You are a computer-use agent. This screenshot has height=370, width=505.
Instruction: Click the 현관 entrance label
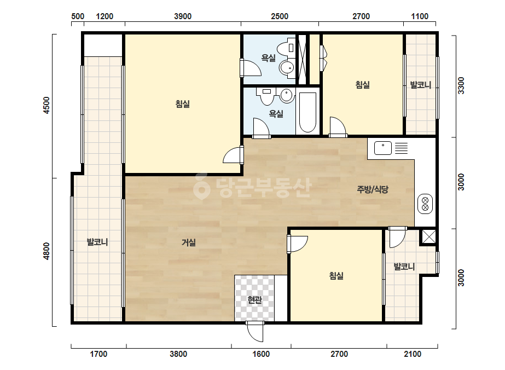tap(254, 300)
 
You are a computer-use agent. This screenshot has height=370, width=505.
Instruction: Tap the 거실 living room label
tap(189, 242)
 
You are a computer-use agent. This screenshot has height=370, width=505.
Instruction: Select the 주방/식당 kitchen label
tap(373, 189)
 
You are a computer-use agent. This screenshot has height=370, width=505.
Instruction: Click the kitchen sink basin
tap(383, 148)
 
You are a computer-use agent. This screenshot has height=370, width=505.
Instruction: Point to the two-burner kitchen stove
tap(425, 204)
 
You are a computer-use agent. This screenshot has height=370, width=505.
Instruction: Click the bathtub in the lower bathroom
tap(307, 113)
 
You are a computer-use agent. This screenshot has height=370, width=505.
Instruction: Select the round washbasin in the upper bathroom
tap(286, 68)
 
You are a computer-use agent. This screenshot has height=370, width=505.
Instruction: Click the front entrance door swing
tap(255, 332)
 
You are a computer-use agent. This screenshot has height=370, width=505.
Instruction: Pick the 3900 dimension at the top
tap(183, 16)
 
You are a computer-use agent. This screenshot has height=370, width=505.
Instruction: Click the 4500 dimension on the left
tap(47, 105)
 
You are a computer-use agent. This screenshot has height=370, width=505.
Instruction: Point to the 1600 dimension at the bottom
tap(261, 354)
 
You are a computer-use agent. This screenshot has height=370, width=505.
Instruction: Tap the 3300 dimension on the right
tap(461, 85)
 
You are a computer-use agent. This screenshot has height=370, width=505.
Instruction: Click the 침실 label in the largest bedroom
tap(183, 104)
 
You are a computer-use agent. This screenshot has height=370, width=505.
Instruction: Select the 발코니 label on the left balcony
tap(97, 242)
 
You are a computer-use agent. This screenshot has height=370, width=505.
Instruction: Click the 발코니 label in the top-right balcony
tap(420, 85)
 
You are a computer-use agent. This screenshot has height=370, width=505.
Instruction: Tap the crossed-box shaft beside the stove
tap(428, 237)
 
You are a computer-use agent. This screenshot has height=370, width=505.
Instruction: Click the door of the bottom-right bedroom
tap(297, 244)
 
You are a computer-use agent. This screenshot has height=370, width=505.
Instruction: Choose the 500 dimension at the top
tap(78, 16)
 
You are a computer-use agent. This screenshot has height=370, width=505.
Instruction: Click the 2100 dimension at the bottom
tap(413, 354)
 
